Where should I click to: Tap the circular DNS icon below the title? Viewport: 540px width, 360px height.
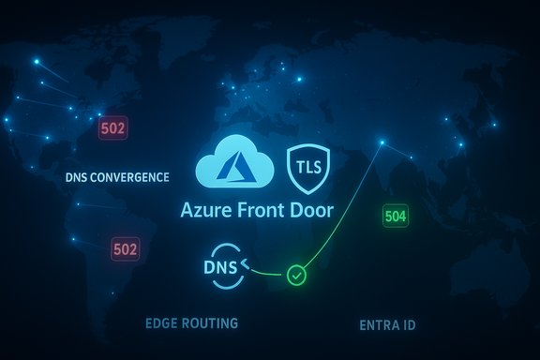tap(224, 265)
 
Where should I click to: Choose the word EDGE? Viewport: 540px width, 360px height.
tap(162, 323)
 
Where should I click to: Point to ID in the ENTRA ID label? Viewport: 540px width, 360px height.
tap(411, 326)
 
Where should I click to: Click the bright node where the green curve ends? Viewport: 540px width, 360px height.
tap(382, 143)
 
